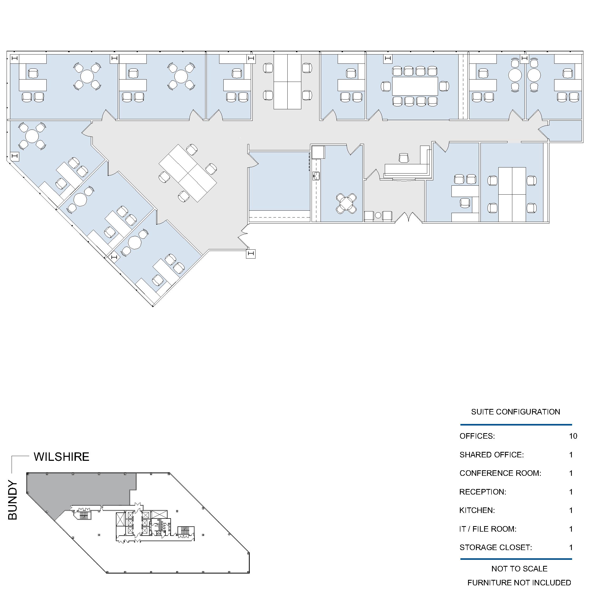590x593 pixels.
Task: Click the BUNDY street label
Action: coord(13,500)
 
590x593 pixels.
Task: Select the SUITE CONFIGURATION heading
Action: coord(515,412)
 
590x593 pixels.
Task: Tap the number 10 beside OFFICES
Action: coord(573,436)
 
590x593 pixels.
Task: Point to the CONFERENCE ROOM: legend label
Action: coord(500,473)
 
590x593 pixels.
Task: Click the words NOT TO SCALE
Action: coord(519,569)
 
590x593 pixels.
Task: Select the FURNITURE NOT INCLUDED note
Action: coord(519,582)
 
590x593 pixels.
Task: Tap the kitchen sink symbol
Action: coord(316,176)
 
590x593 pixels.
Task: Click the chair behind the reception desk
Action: coord(404,158)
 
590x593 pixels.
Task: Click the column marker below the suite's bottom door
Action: coord(251,254)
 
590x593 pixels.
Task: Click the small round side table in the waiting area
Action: coord(378,215)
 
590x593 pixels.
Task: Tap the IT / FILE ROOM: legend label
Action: coord(488,529)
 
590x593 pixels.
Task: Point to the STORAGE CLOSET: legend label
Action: coord(495,547)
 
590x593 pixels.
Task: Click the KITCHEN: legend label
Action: coord(477,510)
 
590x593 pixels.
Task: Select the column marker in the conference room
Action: coord(388,58)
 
